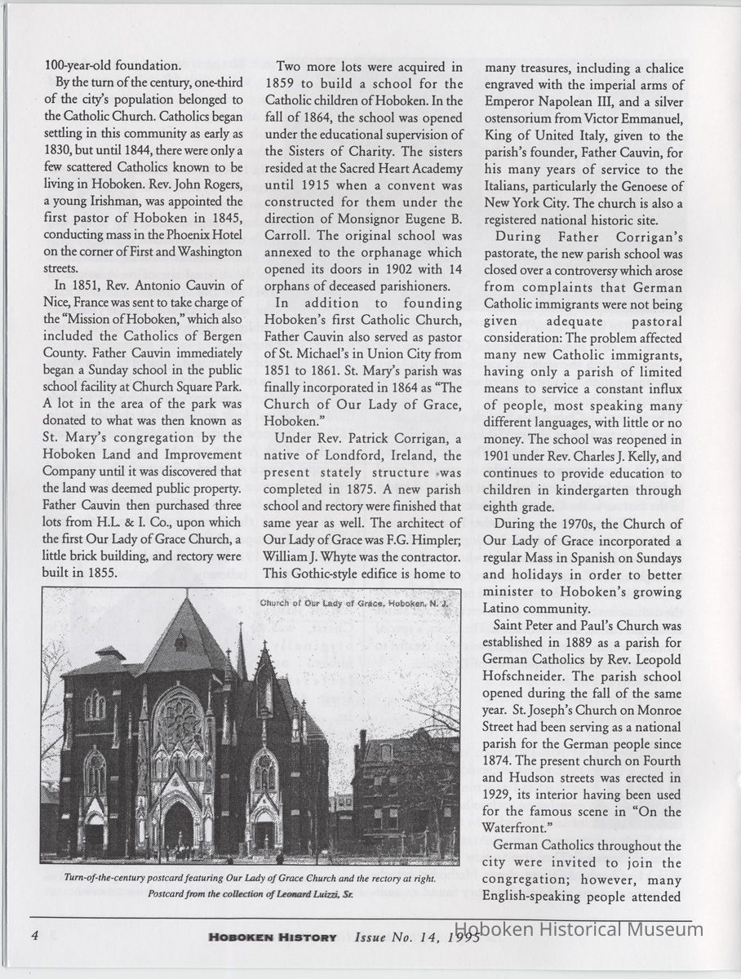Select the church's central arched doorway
click(x=177, y=824)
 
